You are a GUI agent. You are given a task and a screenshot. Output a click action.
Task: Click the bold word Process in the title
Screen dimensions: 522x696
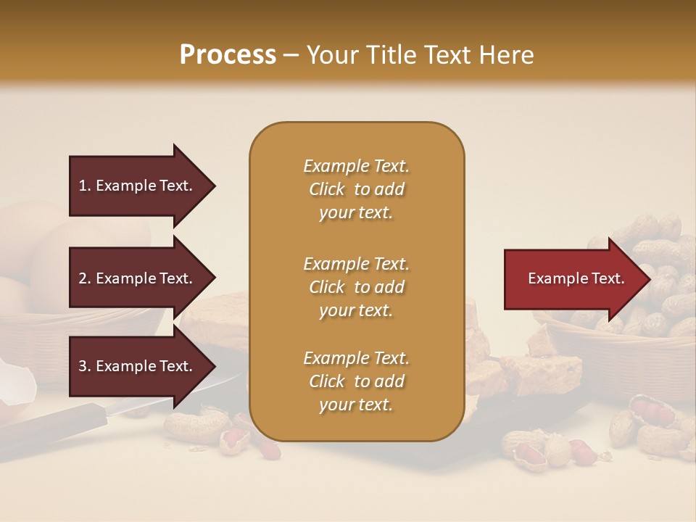click(x=228, y=55)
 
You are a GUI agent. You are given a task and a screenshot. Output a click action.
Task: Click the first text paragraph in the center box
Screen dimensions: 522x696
click(x=357, y=189)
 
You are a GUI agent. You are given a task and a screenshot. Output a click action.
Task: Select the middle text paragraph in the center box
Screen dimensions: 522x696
click(x=357, y=286)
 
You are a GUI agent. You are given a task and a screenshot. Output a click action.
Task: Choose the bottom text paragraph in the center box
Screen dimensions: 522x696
click(x=357, y=381)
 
